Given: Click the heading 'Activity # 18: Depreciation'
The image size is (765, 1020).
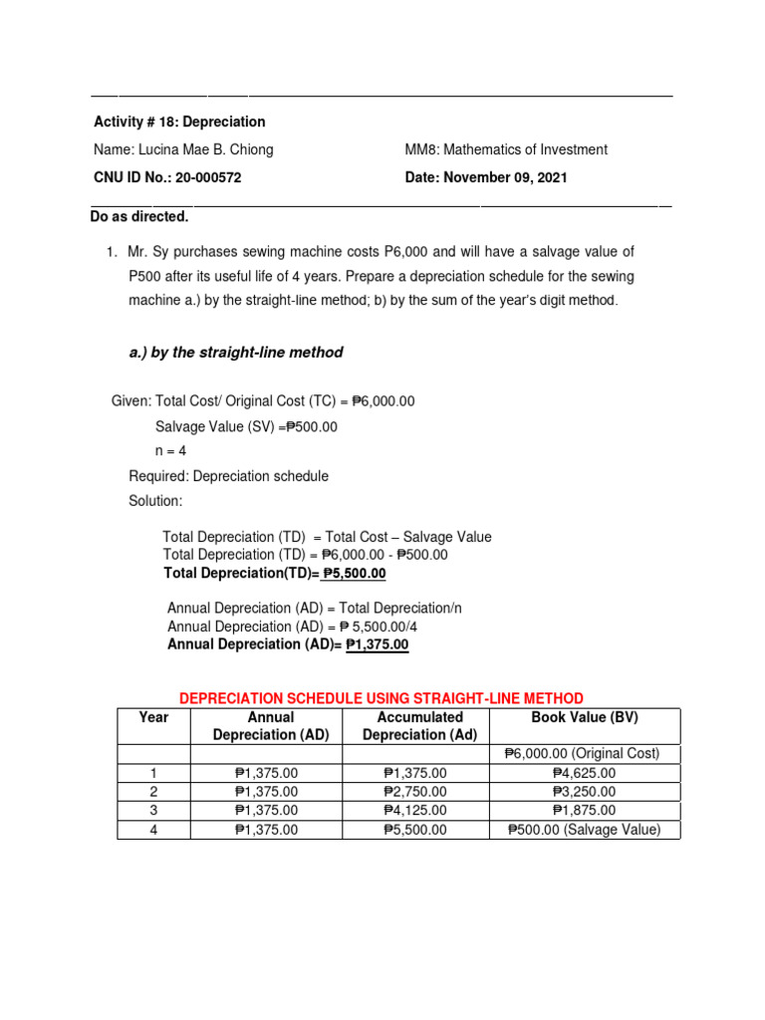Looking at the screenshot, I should [x=179, y=122].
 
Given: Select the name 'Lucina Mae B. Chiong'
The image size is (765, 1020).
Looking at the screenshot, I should [x=183, y=149].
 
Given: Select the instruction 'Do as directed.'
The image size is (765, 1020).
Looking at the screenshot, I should [x=138, y=216].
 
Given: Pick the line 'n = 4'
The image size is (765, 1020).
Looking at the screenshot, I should [x=170, y=450].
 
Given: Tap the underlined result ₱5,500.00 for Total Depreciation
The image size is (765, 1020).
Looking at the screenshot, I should [x=352, y=574].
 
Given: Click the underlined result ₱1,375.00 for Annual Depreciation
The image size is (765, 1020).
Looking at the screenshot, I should [x=377, y=644].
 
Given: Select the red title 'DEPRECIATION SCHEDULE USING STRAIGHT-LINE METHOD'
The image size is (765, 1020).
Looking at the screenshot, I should [x=382, y=698].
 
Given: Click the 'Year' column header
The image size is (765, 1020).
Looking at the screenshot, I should [x=153, y=717].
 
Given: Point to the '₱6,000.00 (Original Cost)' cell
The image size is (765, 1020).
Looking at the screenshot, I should [x=583, y=754].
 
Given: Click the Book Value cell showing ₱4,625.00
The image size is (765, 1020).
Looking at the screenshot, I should [x=584, y=773].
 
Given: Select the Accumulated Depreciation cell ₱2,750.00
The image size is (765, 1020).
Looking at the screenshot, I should [x=414, y=792].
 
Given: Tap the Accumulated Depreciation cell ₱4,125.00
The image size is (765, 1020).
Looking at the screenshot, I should [x=414, y=811].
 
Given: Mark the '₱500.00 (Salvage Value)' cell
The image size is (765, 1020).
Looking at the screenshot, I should [x=584, y=830].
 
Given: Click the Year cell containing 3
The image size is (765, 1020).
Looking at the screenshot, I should [x=153, y=811].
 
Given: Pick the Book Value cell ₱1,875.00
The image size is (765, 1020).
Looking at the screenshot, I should [x=584, y=811].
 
